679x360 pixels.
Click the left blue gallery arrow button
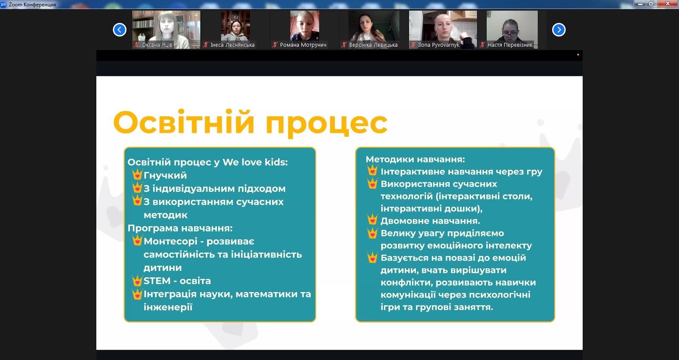[x=119, y=30]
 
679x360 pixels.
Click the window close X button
[x=668, y=4]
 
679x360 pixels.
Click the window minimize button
[x=640, y=4]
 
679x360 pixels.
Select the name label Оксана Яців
[x=157, y=45]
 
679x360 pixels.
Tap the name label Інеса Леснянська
[x=233, y=45]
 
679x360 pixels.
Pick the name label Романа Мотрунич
[x=303, y=45]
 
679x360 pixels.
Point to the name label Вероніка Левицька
[x=373, y=45]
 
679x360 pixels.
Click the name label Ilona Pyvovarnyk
[x=439, y=45]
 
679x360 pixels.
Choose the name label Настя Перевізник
[x=510, y=45]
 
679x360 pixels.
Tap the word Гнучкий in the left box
[x=165, y=175]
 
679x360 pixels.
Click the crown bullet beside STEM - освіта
[x=137, y=281]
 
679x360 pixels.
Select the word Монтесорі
[x=170, y=242]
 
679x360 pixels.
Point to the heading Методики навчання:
[x=415, y=159]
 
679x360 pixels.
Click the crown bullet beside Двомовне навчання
[x=372, y=219]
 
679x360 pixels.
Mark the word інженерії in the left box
[x=168, y=307]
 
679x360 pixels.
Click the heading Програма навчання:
[x=180, y=228]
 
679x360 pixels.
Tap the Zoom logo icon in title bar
[x=3, y=4]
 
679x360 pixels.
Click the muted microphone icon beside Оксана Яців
[x=137, y=45]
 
